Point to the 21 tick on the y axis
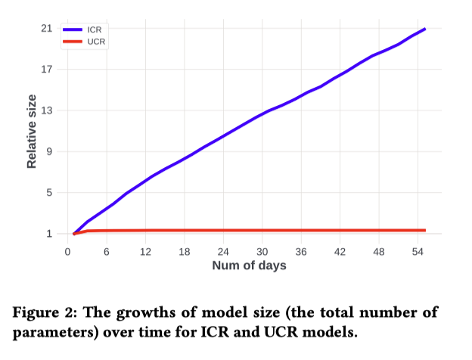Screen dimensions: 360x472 pyautogui.click(x=47, y=29)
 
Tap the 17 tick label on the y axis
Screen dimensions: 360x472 pyautogui.click(x=47, y=70)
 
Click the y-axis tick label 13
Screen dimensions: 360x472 pyautogui.click(x=47, y=110)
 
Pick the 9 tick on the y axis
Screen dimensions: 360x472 pyautogui.click(x=49, y=151)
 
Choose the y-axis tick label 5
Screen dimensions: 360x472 pyautogui.click(x=49, y=192)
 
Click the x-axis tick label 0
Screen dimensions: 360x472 pyautogui.click(x=67, y=251)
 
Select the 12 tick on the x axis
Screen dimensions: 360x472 pyautogui.click(x=144, y=251)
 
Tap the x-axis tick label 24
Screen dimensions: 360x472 pyautogui.click(x=223, y=251)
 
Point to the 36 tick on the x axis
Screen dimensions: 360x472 pyautogui.click(x=301, y=251)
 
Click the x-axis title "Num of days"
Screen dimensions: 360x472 pyautogui.click(x=249, y=265)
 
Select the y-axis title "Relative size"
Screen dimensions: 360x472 pyautogui.click(x=32, y=131)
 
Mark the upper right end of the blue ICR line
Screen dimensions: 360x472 pyautogui.click(x=425, y=29)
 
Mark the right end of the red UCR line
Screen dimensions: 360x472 pyautogui.click(x=425, y=230)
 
